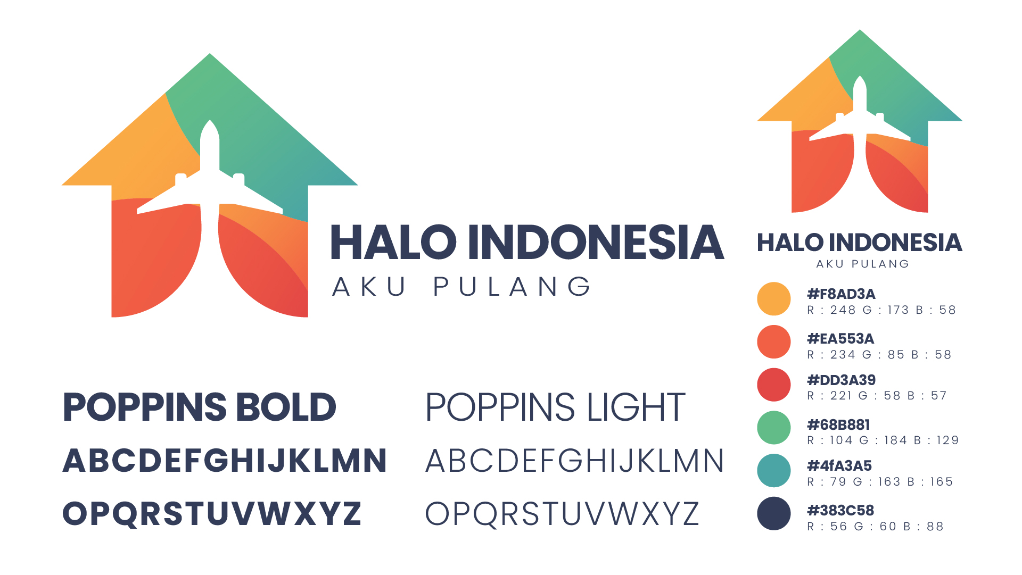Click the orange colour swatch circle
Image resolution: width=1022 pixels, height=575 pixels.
click(773, 299)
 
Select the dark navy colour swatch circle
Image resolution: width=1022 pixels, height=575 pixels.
click(773, 514)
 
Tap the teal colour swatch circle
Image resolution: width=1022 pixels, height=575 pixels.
click(773, 471)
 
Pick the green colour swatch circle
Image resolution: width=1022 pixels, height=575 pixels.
click(773, 428)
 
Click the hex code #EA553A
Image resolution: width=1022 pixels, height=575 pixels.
click(840, 339)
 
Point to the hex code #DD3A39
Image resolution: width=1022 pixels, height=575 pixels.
click(841, 380)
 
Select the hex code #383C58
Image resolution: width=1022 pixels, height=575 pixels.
click(840, 511)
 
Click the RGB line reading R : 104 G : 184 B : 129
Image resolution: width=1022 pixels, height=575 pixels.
click(883, 440)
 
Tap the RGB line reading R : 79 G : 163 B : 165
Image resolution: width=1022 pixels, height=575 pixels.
click(880, 482)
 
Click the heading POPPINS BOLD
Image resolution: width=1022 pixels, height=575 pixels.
click(200, 407)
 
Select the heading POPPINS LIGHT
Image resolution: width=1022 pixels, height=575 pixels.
click(555, 407)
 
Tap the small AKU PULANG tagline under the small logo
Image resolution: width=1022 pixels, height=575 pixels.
click(863, 264)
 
